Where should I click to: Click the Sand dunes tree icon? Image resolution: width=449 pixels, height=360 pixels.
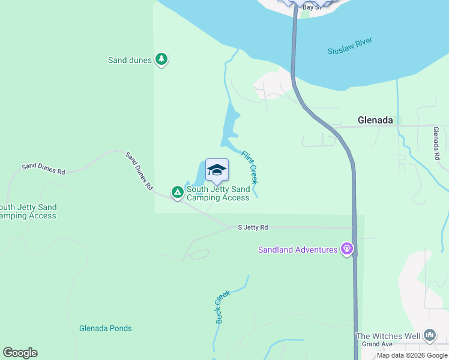[x=161, y=59]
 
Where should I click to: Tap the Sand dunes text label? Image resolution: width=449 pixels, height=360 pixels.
[x=130, y=60]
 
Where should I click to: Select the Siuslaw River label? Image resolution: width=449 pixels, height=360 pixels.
[x=350, y=46]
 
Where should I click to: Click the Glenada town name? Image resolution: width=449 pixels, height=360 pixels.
[x=375, y=120]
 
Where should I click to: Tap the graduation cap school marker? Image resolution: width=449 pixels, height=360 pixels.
[x=217, y=170]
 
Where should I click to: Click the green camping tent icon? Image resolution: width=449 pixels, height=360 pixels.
[x=177, y=192]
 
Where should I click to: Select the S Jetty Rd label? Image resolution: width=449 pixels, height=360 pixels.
[x=253, y=227]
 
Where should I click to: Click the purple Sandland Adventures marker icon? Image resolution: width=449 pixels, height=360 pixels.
[x=346, y=248]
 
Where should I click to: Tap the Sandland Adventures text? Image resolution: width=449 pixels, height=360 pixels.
[x=298, y=250]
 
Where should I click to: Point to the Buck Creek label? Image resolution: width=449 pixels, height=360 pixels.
[x=222, y=307]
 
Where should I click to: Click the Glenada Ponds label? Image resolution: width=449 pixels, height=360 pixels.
[x=105, y=328]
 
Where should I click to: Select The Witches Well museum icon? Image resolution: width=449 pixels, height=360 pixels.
[x=429, y=335]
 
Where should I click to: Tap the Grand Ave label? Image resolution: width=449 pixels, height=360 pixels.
[x=376, y=344]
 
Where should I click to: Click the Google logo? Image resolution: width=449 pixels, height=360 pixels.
[x=20, y=353]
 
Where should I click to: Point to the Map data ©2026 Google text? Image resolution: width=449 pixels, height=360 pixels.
[x=412, y=355]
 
